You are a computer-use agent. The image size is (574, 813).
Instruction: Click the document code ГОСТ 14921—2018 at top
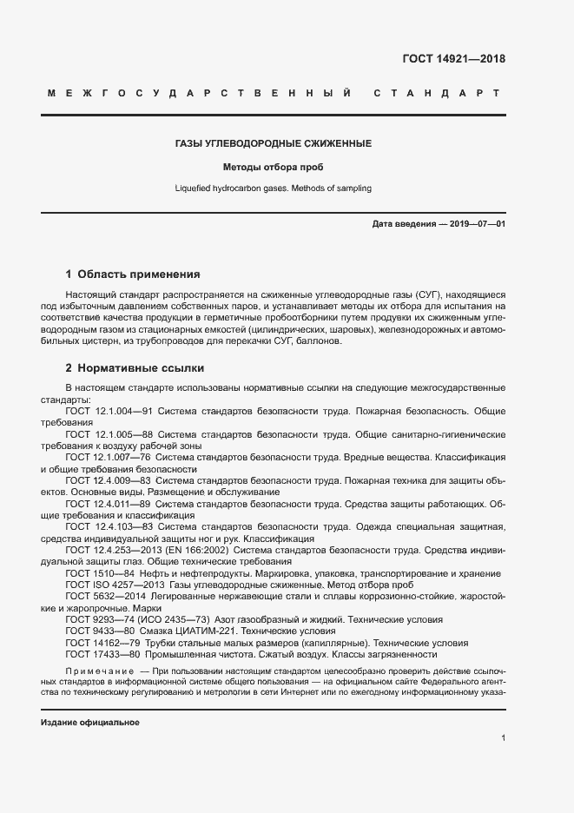pos(453,60)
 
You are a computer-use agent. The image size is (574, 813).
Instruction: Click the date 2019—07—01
pos(478,224)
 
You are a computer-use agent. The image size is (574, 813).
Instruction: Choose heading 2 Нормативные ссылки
pos(135,367)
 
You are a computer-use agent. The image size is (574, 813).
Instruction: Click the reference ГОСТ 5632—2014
pos(104,597)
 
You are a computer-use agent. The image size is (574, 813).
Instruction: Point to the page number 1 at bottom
pos(503,738)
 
